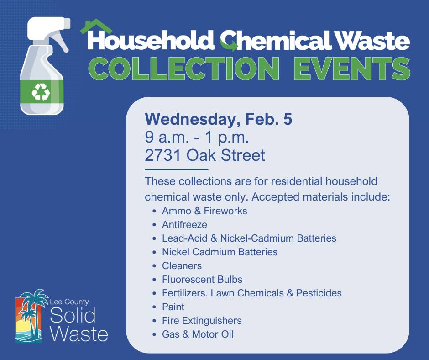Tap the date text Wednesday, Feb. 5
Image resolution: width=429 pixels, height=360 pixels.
218,120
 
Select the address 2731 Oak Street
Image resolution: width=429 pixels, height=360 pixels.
204,155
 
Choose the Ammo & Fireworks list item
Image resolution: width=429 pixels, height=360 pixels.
204,211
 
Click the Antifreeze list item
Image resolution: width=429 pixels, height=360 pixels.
184,225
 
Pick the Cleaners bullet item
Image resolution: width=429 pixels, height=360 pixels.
182,265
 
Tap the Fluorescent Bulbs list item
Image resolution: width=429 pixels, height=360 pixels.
202,279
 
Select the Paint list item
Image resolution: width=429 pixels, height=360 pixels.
173,307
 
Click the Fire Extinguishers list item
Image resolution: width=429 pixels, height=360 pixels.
201,320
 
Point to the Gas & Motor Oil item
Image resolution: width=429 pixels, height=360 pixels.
197,334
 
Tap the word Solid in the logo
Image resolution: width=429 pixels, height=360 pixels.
73,315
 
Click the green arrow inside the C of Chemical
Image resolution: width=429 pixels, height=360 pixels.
230,44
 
